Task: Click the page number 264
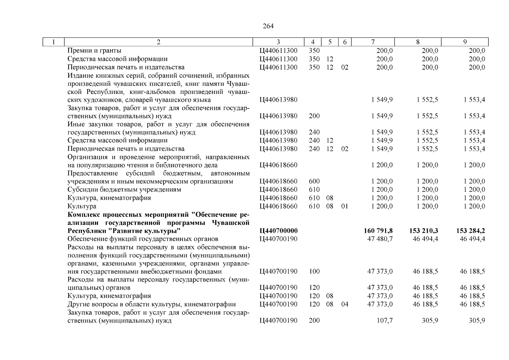pos(268,26)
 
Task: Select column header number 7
pos(373,42)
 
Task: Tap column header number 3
pos(278,42)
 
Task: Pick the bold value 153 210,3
pos(423,231)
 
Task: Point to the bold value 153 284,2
pos(470,231)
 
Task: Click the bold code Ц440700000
pos(278,231)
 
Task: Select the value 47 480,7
pos(380,239)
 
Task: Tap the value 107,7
pos(385,321)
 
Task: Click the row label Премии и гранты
pos(94,51)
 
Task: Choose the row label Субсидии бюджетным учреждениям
pos(124,190)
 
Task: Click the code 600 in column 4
pos(314,181)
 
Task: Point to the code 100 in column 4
pos(314,271)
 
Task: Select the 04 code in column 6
pos(345,304)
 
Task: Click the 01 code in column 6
pos(345,206)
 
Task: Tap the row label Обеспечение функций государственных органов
pos(143,239)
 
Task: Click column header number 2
pos(158,42)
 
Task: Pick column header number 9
pos(465,42)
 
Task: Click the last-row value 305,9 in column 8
pos(430,321)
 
